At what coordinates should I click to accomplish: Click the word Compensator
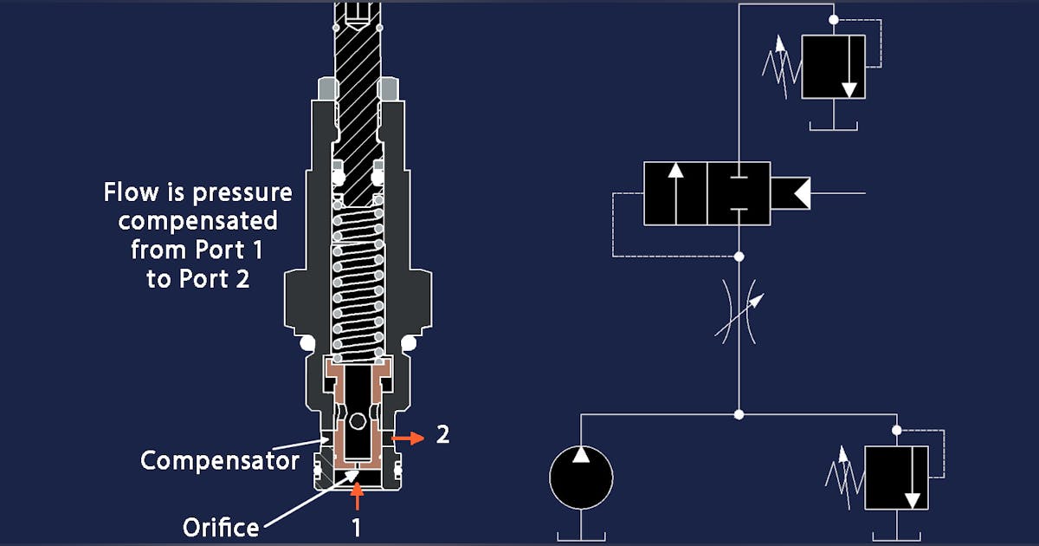(220, 459)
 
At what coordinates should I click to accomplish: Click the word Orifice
(220, 526)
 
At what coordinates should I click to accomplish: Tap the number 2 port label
(442, 435)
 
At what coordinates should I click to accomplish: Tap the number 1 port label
(356, 525)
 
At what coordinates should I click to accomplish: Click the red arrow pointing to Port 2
(407, 439)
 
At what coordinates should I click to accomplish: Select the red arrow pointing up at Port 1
(356, 497)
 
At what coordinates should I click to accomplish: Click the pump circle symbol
(581, 478)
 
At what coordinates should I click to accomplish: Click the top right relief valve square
(833, 67)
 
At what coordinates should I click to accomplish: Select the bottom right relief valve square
(896, 478)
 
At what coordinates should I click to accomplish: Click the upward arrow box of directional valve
(675, 193)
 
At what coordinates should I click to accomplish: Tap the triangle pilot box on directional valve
(790, 193)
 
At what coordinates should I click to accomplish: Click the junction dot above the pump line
(739, 415)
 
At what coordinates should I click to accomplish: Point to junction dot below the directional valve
(739, 257)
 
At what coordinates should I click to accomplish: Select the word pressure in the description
(246, 192)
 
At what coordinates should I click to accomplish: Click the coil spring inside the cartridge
(356, 286)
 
